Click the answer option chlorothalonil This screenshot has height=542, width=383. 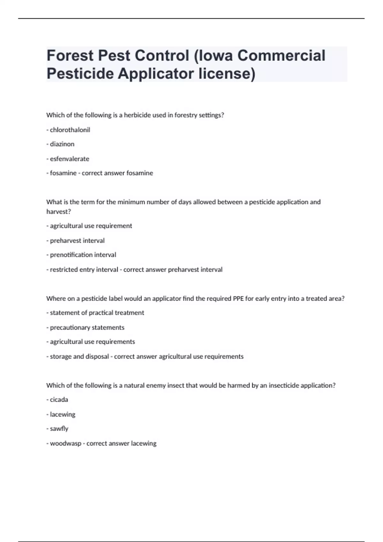[x=70, y=130]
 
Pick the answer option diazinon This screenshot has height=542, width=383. [x=62, y=144]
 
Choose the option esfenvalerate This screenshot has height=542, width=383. [x=69, y=159]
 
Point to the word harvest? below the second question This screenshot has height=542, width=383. [x=58, y=211]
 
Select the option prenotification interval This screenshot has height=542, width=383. [x=83, y=255]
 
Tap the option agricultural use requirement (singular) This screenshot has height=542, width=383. [x=91, y=226]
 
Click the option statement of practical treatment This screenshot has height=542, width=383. [x=97, y=313]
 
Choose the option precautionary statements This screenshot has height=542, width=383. [x=87, y=327]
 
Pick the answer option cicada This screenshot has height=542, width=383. [x=59, y=399]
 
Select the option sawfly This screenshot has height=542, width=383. [x=59, y=428]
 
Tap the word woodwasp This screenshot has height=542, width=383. [x=65, y=443]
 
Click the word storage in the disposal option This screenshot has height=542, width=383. [x=61, y=356]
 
